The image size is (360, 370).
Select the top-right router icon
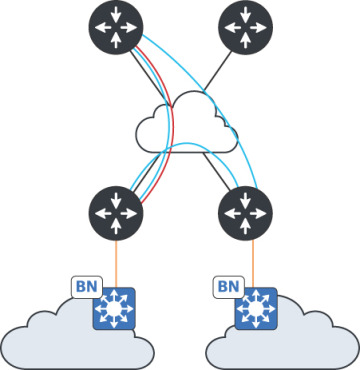point(243,26)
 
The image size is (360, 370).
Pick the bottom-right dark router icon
point(243,211)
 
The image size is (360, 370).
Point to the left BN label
point(83,287)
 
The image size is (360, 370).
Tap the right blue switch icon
point(256,309)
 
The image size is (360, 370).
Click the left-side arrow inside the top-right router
point(230,26)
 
